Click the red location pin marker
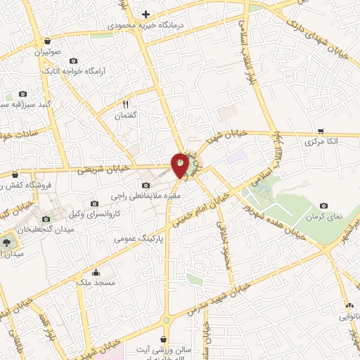(x=180, y=165)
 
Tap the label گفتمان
(x=127, y=115)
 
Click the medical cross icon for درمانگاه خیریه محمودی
(x=146, y=14)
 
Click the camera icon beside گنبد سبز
(x=22, y=94)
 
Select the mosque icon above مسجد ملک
(x=96, y=272)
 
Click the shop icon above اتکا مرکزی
(x=321, y=131)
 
